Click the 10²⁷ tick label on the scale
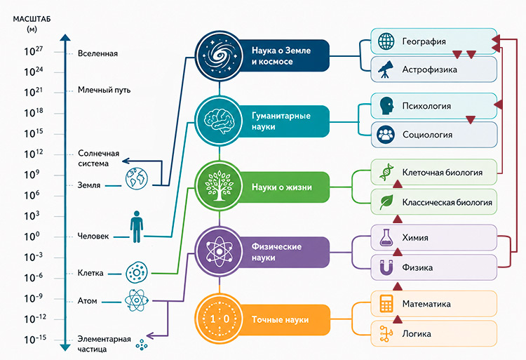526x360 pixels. click(x=33, y=51)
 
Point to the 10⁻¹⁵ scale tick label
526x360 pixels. click(x=35, y=339)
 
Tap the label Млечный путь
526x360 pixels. click(x=104, y=90)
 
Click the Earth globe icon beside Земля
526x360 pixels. click(x=137, y=179)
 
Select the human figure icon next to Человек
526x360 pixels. click(x=137, y=227)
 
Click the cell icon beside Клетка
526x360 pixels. click(x=137, y=273)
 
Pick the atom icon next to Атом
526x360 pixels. click(x=137, y=300)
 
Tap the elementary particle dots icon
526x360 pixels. click(x=142, y=345)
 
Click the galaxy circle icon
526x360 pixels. click(x=219, y=55)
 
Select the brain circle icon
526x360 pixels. click(x=219, y=121)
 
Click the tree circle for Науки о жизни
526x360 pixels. click(x=219, y=186)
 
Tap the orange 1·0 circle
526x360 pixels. click(x=219, y=319)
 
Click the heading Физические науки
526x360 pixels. click(x=276, y=252)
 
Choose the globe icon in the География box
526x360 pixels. click(x=386, y=41)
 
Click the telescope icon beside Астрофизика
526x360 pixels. click(x=386, y=69)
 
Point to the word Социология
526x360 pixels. click(x=427, y=135)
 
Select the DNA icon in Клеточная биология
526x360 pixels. click(x=386, y=172)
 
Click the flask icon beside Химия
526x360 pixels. click(x=386, y=237)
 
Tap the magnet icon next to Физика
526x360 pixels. click(x=386, y=267)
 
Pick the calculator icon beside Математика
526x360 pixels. click(x=386, y=303)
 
